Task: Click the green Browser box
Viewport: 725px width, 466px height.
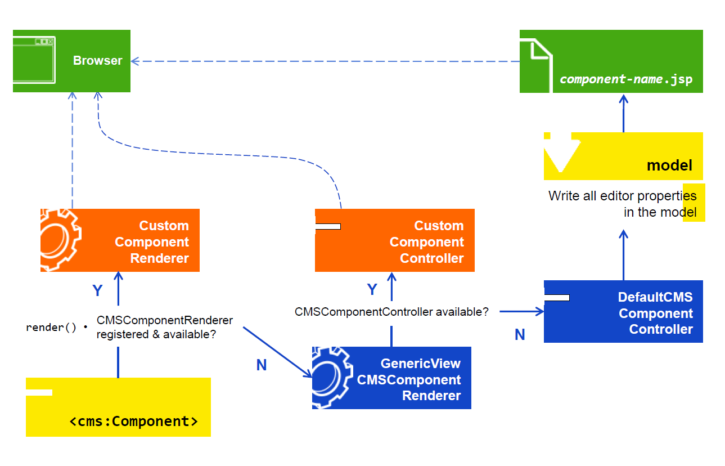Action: pos(71,61)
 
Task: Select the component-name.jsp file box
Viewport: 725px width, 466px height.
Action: pos(611,61)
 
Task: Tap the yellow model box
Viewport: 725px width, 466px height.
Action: pos(623,156)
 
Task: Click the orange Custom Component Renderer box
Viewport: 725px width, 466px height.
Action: pos(120,240)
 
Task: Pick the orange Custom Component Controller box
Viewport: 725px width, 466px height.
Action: pos(394,240)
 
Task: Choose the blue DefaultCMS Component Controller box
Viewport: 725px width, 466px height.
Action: pos(623,311)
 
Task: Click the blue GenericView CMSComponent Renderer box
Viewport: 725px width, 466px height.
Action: pos(391,378)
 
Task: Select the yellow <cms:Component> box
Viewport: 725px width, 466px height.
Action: pos(118,407)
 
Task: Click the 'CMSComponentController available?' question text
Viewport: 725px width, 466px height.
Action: pos(391,311)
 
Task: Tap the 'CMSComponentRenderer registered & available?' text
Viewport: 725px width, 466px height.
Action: pos(164,327)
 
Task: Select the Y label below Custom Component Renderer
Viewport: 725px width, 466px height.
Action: pos(97,290)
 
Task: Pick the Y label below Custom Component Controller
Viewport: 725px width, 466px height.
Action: pos(372,289)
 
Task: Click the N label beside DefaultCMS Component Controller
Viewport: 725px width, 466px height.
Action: pos(520,335)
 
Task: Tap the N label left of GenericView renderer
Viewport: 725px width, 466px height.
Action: pos(261,365)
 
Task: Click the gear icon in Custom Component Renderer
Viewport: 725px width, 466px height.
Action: pos(60,240)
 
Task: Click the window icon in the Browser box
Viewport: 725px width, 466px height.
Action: pos(34,61)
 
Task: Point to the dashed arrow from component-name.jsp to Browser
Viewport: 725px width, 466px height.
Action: pos(326,61)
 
